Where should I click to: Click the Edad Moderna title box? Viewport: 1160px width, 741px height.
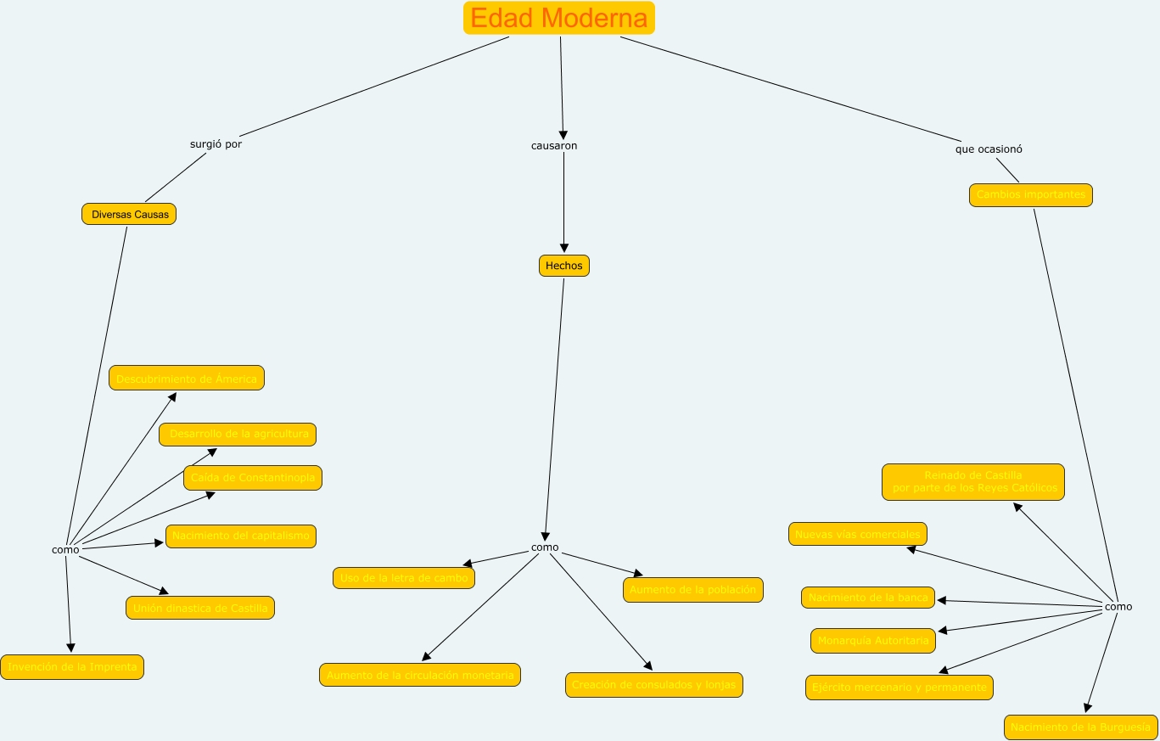(559, 18)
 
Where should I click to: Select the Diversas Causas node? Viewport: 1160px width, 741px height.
(129, 214)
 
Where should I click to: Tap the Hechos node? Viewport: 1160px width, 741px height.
(563, 266)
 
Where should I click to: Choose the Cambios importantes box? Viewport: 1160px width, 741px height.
(1030, 195)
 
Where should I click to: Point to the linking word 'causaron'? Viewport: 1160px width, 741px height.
(554, 146)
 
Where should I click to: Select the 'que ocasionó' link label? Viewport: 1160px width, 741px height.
(989, 149)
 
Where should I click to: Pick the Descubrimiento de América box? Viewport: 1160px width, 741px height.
(187, 378)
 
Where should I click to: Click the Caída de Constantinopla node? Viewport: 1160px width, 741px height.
(253, 478)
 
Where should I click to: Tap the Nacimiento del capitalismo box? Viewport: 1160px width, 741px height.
(241, 536)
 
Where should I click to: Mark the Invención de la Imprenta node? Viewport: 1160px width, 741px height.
(72, 667)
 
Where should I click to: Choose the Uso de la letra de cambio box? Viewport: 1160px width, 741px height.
(404, 578)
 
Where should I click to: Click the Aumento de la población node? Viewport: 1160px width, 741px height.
(692, 590)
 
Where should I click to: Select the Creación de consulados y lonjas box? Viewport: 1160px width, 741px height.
(653, 685)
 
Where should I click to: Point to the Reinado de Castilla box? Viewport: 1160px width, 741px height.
(972, 482)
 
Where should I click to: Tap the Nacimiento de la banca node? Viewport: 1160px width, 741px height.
(868, 598)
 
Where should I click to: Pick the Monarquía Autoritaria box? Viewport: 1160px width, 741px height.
(873, 641)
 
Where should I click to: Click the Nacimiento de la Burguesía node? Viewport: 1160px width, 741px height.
(1081, 727)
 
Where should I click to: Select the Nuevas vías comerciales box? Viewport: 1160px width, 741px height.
(857, 534)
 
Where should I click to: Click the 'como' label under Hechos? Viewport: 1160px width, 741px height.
(545, 547)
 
